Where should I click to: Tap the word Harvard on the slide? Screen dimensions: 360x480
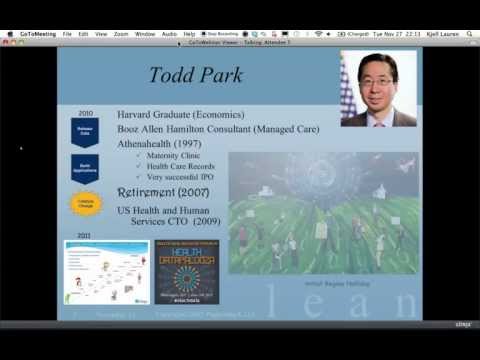(x=138, y=114)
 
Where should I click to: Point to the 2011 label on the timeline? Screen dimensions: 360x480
(x=84, y=234)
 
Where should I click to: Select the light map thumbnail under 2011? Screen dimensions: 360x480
(x=106, y=272)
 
